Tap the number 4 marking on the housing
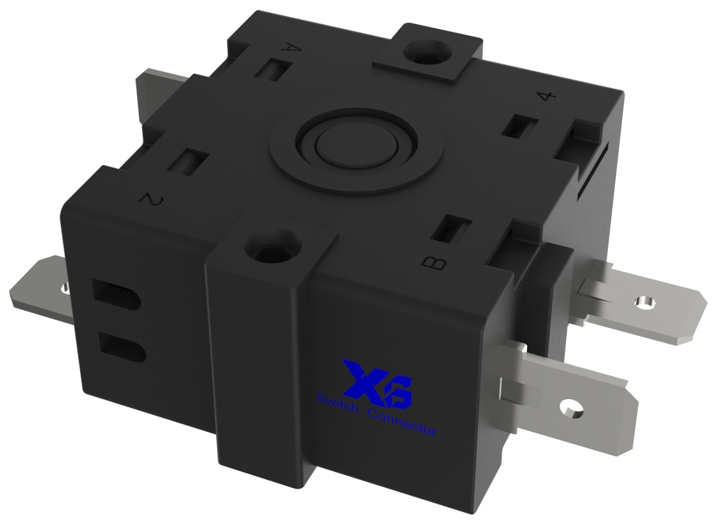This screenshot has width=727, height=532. click(546, 96)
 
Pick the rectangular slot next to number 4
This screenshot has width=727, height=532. click(517, 126)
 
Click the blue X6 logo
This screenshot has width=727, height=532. click(377, 383)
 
